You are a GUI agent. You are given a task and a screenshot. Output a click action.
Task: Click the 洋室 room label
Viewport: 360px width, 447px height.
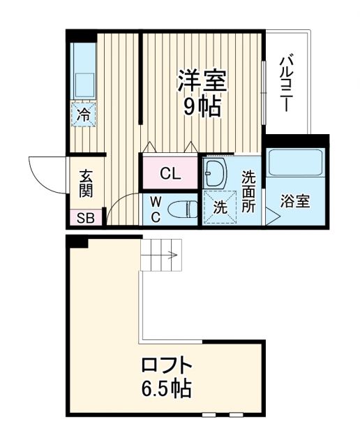pyautogui.click(x=202, y=81)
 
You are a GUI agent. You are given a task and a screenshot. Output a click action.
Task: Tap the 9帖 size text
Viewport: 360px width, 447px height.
pyautogui.click(x=202, y=106)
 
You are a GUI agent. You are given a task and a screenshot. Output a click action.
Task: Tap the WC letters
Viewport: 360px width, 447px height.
pyautogui.click(x=156, y=210)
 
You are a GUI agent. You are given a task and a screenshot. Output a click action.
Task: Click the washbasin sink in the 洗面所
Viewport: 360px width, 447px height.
pyautogui.click(x=217, y=173)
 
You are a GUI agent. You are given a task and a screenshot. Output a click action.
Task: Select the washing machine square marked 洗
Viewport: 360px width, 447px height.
pyautogui.click(x=220, y=207)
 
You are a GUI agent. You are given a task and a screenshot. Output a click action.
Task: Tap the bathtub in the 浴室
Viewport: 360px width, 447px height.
pyautogui.click(x=296, y=163)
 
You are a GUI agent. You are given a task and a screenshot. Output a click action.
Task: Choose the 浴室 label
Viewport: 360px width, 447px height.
pyautogui.click(x=295, y=202)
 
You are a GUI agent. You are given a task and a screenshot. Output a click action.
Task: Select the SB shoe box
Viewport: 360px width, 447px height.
pyautogui.click(x=85, y=217)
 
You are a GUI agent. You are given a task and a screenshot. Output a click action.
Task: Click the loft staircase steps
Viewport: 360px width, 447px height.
pyautogui.click(x=161, y=255)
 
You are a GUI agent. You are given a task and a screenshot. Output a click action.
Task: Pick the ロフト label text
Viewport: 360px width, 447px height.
pyautogui.click(x=166, y=366)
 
